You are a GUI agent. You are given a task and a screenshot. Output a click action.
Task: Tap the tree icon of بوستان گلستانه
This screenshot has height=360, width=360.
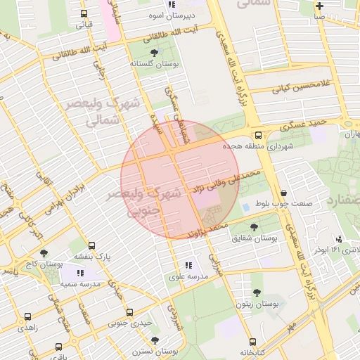155,52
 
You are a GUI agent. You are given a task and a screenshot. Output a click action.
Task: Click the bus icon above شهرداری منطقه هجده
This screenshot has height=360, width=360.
258,135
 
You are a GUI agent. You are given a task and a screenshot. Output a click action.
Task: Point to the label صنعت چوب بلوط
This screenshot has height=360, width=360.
283,204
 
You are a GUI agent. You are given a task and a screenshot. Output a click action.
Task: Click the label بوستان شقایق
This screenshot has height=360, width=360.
255,238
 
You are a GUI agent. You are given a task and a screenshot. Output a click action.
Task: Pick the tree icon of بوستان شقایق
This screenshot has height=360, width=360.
255,227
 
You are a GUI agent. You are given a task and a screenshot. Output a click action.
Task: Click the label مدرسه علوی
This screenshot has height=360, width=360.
188,277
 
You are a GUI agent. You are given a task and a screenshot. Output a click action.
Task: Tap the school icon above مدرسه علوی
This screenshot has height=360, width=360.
188,266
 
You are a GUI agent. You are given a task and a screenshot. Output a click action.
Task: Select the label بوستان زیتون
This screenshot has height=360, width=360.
258,304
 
